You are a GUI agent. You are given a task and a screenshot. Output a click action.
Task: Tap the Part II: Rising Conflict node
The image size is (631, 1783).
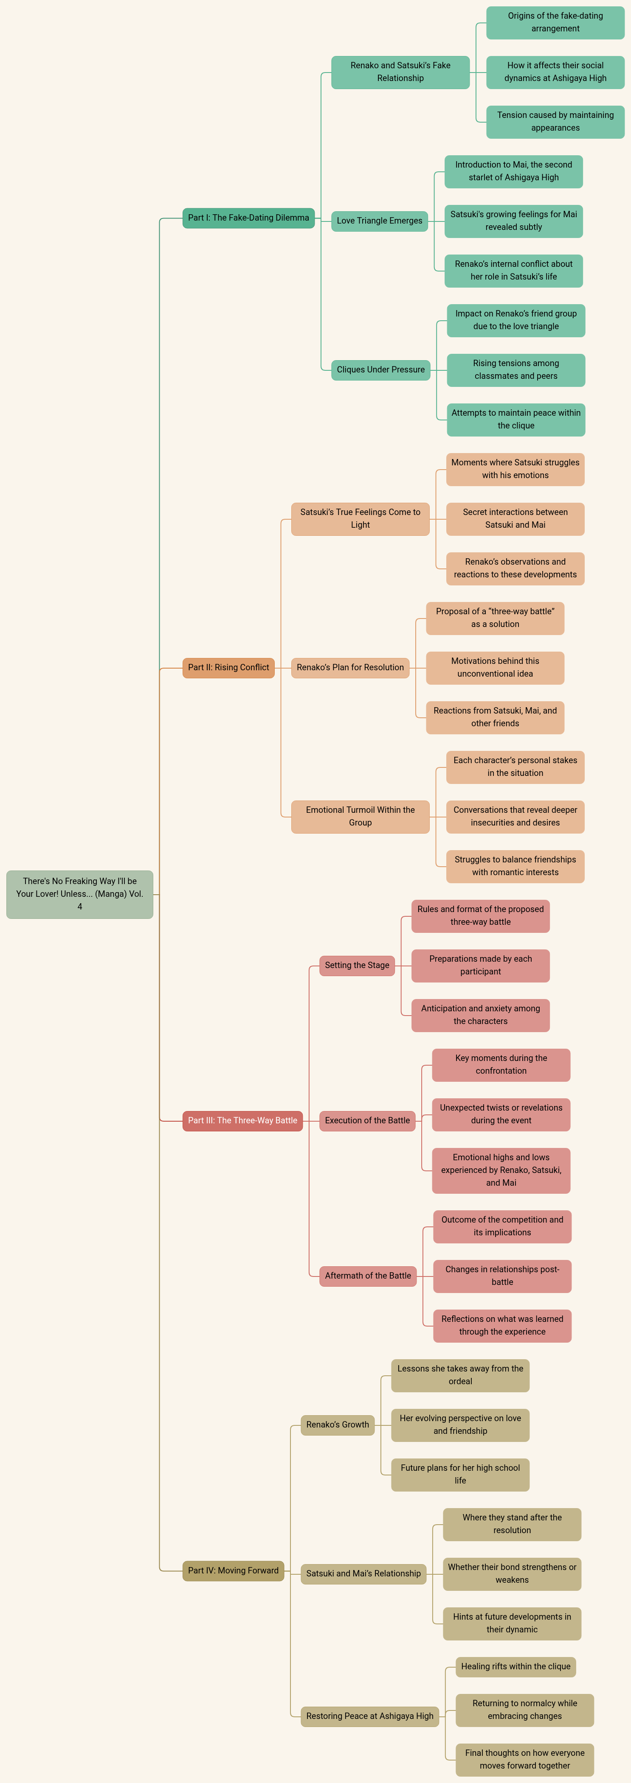tap(228, 668)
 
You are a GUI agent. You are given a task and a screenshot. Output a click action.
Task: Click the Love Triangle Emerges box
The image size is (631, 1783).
tap(380, 221)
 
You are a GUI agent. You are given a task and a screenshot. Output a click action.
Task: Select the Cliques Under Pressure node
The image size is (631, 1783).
tap(381, 369)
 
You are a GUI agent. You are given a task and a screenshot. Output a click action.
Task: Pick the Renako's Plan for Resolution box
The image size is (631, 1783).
tap(350, 668)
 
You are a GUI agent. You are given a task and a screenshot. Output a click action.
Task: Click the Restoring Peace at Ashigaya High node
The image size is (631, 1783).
tap(370, 1716)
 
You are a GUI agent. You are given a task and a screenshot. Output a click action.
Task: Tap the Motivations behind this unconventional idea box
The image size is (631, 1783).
tap(495, 668)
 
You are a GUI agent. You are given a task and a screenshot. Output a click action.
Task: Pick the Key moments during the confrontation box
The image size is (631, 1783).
tap(501, 1064)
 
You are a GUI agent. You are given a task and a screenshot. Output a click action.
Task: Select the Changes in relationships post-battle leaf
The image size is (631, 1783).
tap(503, 1276)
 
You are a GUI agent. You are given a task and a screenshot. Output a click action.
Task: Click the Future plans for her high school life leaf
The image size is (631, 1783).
tap(461, 1474)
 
